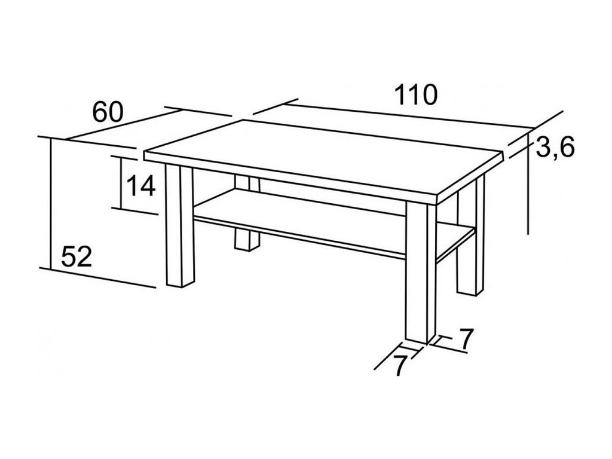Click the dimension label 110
[416, 94]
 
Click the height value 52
[76, 257]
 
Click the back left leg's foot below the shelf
[246, 240]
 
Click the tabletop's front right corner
[437, 198]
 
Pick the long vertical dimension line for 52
[50, 203]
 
